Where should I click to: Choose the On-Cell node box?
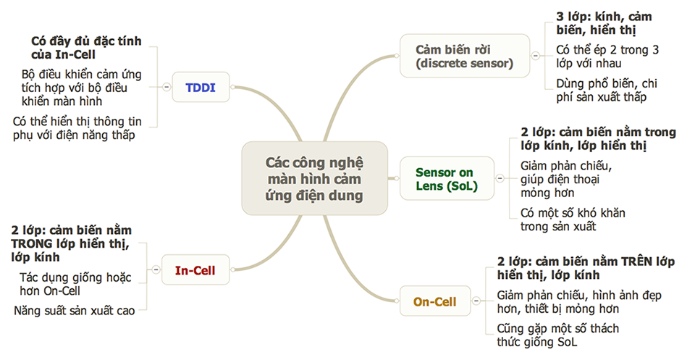coord(434,301)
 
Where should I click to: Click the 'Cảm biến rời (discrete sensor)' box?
coord(464,56)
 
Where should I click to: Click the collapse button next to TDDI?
coord(166,87)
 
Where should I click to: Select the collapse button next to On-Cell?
coord(474,301)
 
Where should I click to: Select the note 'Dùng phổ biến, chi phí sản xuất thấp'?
coord(606,90)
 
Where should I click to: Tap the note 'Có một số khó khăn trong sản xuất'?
coord(573,219)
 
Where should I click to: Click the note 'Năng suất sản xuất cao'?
coord(74,311)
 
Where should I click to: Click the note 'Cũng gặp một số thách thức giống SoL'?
coord(557,335)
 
